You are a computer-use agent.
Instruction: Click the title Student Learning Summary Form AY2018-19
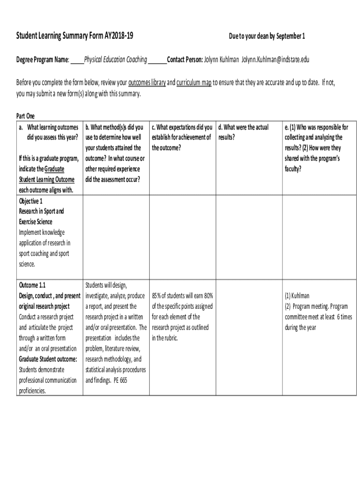pos(78,36)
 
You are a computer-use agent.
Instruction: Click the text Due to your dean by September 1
pos(267,36)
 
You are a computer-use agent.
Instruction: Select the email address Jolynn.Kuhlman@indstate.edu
pos(275,60)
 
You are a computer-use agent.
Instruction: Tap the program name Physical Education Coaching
pos(115,60)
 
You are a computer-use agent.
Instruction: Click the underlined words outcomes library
pos(147,83)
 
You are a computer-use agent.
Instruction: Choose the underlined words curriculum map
pos(194,83)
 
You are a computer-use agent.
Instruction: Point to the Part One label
pos(25,116)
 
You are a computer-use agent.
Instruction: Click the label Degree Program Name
pos(43,60)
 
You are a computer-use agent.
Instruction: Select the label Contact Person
pos(185,60)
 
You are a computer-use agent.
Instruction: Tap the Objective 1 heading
pos(31,201)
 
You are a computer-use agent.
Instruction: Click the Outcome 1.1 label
pos(32,285)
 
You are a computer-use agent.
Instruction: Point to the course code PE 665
pos(120,380)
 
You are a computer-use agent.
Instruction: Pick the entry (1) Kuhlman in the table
pos(297,296)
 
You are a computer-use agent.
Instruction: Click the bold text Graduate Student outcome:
pos(48,359)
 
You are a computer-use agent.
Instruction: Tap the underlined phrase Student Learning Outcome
pos(46,180)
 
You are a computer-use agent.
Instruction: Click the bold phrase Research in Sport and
pos(42,211)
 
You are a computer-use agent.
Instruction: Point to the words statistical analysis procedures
pos(115,370)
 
